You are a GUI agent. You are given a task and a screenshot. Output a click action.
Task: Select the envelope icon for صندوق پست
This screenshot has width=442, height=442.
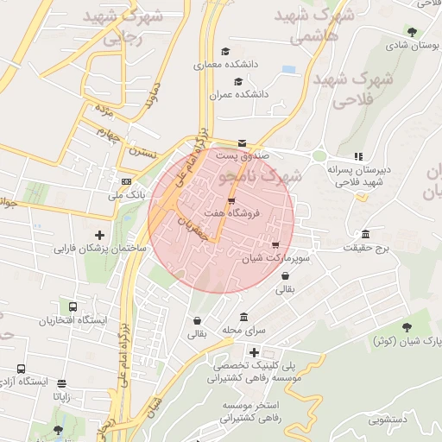241,143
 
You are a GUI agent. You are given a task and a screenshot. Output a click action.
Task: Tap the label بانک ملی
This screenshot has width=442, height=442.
125,195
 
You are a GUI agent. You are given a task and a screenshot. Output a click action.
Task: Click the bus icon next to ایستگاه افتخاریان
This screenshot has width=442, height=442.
72,307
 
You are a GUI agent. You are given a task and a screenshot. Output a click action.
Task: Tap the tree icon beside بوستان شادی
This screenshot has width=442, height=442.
410,32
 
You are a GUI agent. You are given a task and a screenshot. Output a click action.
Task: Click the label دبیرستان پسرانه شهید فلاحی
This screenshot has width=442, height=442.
359,176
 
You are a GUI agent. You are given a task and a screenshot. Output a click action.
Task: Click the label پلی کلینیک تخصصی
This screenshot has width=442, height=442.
253,366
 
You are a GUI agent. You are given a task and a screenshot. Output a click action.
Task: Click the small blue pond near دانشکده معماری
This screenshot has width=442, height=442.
288,68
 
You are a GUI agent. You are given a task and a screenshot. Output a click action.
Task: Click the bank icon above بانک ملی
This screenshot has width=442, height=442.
126,181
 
